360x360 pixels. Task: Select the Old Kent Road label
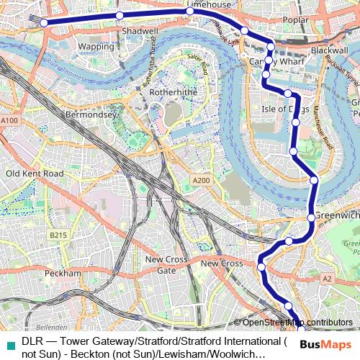[35, 174]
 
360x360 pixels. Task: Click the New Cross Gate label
[166, 264]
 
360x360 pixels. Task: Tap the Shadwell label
[140, 32]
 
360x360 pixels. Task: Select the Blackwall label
[330, 51]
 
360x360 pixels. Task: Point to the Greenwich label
[338, 215]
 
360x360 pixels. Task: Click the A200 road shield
[202, 180]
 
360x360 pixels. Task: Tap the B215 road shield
[58, 235]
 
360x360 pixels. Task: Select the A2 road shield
[328, 278]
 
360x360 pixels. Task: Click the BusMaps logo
[325, 344]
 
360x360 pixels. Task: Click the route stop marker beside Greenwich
[310, 217]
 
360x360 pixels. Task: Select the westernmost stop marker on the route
[44, 22]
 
